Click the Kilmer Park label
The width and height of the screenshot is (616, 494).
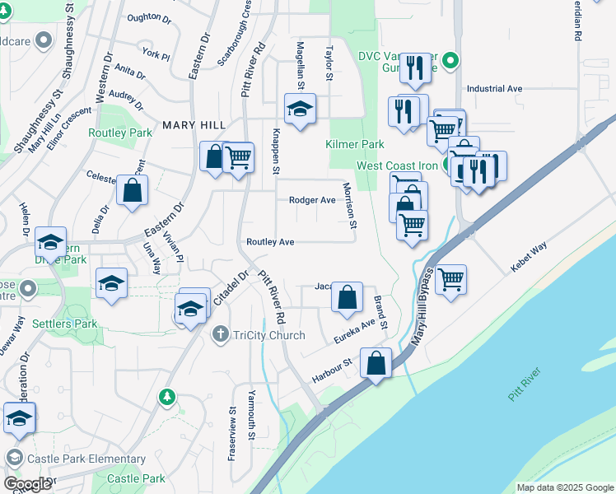click(355, 144)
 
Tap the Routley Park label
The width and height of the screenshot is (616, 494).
click(120, 132)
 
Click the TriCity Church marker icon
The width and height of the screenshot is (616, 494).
click(220, 334)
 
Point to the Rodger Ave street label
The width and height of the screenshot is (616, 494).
click(312, 200)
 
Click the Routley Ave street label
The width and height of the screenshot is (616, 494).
click(270, 242)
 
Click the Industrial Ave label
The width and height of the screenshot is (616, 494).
click(494, 88)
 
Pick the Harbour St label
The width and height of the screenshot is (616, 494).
click(332, 370)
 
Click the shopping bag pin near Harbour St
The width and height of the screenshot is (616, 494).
click(376, 363)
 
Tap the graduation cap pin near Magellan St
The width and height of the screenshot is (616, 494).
click(300, 108)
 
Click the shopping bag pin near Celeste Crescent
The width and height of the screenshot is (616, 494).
click(132, 190)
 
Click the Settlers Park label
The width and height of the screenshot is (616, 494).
click(65, 324)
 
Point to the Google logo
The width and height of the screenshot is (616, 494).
click(27, 484)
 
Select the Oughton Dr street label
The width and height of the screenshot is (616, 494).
click(149, 16)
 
